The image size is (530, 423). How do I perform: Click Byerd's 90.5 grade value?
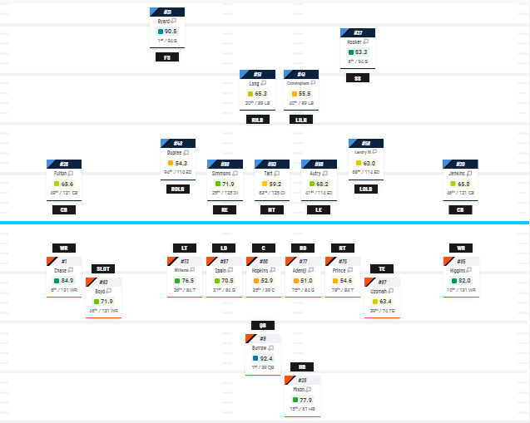pyautogui.click(x=171, y=32)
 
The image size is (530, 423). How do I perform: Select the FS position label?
pyautogui.click(x=166, y=57)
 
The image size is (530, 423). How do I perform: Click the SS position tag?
pyautogui.click(x=358, y=77)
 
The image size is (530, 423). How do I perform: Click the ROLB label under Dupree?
pyautogui.click(x=177, y=189)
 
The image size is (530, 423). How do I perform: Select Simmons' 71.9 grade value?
pyautogui.click(x=228, y=184)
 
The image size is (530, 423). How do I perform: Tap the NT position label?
pyautogui.click(x=270, y=209)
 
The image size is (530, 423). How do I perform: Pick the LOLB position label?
pyautogui.click(x=364, y=189)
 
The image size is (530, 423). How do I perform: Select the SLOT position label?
pyautogui.click(x=102, y=268)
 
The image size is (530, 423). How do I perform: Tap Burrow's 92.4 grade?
pyautogui.click(x=266, y=358)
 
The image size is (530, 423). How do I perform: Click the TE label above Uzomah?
pyautogui.click(x=381, y=268)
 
